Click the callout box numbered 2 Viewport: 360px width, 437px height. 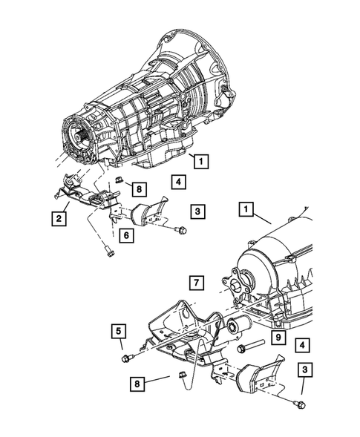[57, 218]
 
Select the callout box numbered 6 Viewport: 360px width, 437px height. [126, 236]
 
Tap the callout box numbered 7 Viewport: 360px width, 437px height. [194, 283]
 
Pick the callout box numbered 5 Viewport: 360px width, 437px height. [118, 331]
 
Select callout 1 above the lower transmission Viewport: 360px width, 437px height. [244, 211]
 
